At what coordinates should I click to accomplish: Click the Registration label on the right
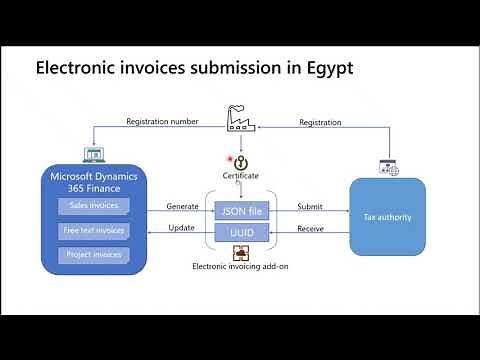coord(320,122)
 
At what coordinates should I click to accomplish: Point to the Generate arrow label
coord(180,206)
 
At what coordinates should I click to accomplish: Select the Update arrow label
coord(180,228)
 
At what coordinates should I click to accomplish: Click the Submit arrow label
coord(310,206)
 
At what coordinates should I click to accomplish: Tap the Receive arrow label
coord(311,228)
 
